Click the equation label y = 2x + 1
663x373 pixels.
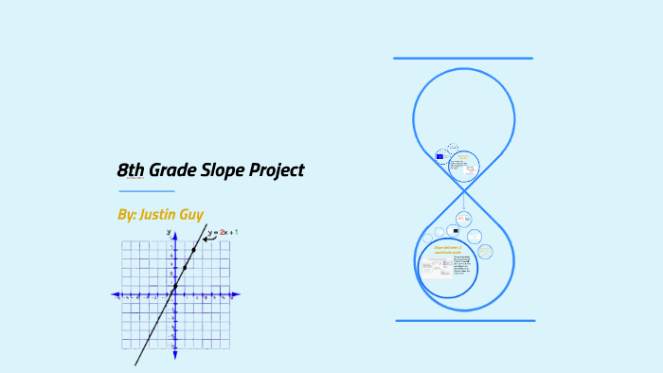click(x=224, y=232)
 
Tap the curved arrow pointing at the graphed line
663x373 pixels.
click(x=208, y=237)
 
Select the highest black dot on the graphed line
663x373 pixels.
click(x=194, y=250)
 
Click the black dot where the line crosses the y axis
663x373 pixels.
click(x=175, y=286)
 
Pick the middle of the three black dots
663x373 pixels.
click(x=185, y=268)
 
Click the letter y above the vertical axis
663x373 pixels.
click(x=169, y=231)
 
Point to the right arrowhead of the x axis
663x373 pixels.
click(x=238, y=295)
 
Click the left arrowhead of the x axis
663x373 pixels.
click(x=114, y=295)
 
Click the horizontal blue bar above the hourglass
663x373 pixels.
click(x=463, y=59)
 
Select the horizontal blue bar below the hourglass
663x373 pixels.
click(x=465, y=321)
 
